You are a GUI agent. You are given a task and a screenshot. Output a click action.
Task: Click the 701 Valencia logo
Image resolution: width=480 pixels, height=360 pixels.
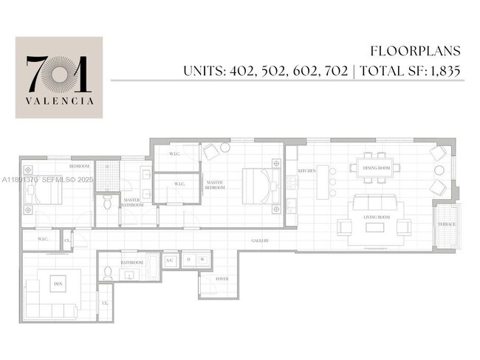point(59,77)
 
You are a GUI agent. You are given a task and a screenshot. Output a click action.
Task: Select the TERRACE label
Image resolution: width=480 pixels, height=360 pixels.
point(446,224)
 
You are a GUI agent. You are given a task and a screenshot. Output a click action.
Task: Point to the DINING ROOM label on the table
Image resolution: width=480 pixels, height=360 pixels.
point(377,168)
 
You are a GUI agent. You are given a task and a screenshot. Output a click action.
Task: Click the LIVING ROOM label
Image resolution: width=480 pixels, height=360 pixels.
point(377,217)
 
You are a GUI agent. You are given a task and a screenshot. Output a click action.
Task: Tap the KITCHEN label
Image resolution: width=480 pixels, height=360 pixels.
point(307,170)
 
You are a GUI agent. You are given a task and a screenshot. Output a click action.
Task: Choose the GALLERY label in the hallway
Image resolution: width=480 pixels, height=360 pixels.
point(259,240)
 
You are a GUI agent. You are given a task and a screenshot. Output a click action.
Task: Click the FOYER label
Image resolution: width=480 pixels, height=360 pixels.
point(222,279)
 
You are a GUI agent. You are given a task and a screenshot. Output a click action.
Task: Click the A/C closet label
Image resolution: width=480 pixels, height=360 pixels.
point(169,260)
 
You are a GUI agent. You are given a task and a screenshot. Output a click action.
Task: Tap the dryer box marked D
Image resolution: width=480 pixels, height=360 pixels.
point(188,260)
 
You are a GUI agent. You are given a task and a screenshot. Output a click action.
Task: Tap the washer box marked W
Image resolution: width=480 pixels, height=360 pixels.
point(202,260)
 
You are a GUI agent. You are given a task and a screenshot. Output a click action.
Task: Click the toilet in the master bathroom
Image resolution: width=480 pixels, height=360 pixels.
point(107,201)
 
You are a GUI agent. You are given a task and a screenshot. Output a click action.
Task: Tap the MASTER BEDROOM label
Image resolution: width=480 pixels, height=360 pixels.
point(215,185)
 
